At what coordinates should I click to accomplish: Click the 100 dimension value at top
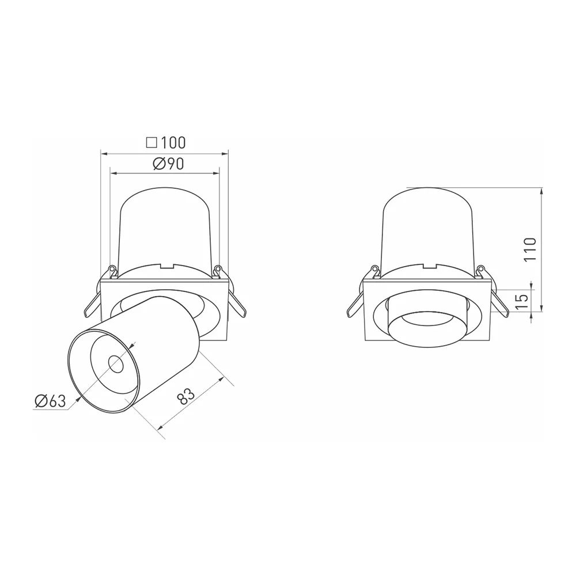[173, 142]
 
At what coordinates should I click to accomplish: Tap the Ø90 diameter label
[168, 164]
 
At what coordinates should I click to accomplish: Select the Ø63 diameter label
[50, 401]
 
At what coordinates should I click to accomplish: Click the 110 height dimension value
[531, 249]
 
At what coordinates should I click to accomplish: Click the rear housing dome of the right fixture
[429, 225]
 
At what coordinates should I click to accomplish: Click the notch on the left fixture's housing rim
[165, 266]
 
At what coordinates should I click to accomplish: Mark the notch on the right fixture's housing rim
[429, 266]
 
